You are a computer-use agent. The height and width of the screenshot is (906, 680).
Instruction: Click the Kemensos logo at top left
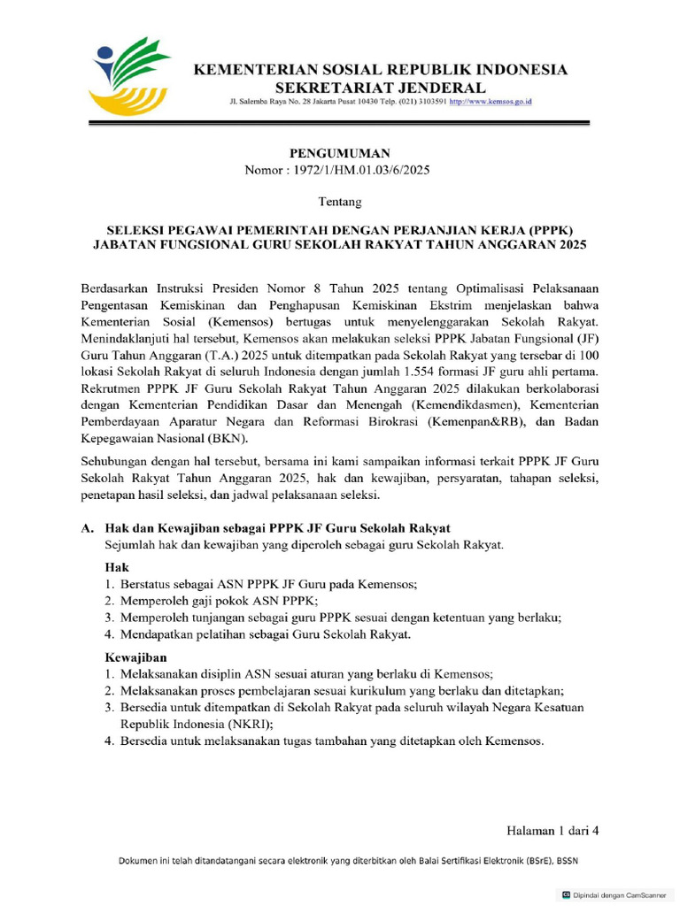(133, 74)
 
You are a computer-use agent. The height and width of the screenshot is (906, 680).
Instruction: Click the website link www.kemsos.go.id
(491, 103)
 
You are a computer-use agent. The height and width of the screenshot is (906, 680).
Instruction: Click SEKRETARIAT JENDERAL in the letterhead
(381, 88)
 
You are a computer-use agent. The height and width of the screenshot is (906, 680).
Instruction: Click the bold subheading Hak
(117, 565)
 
